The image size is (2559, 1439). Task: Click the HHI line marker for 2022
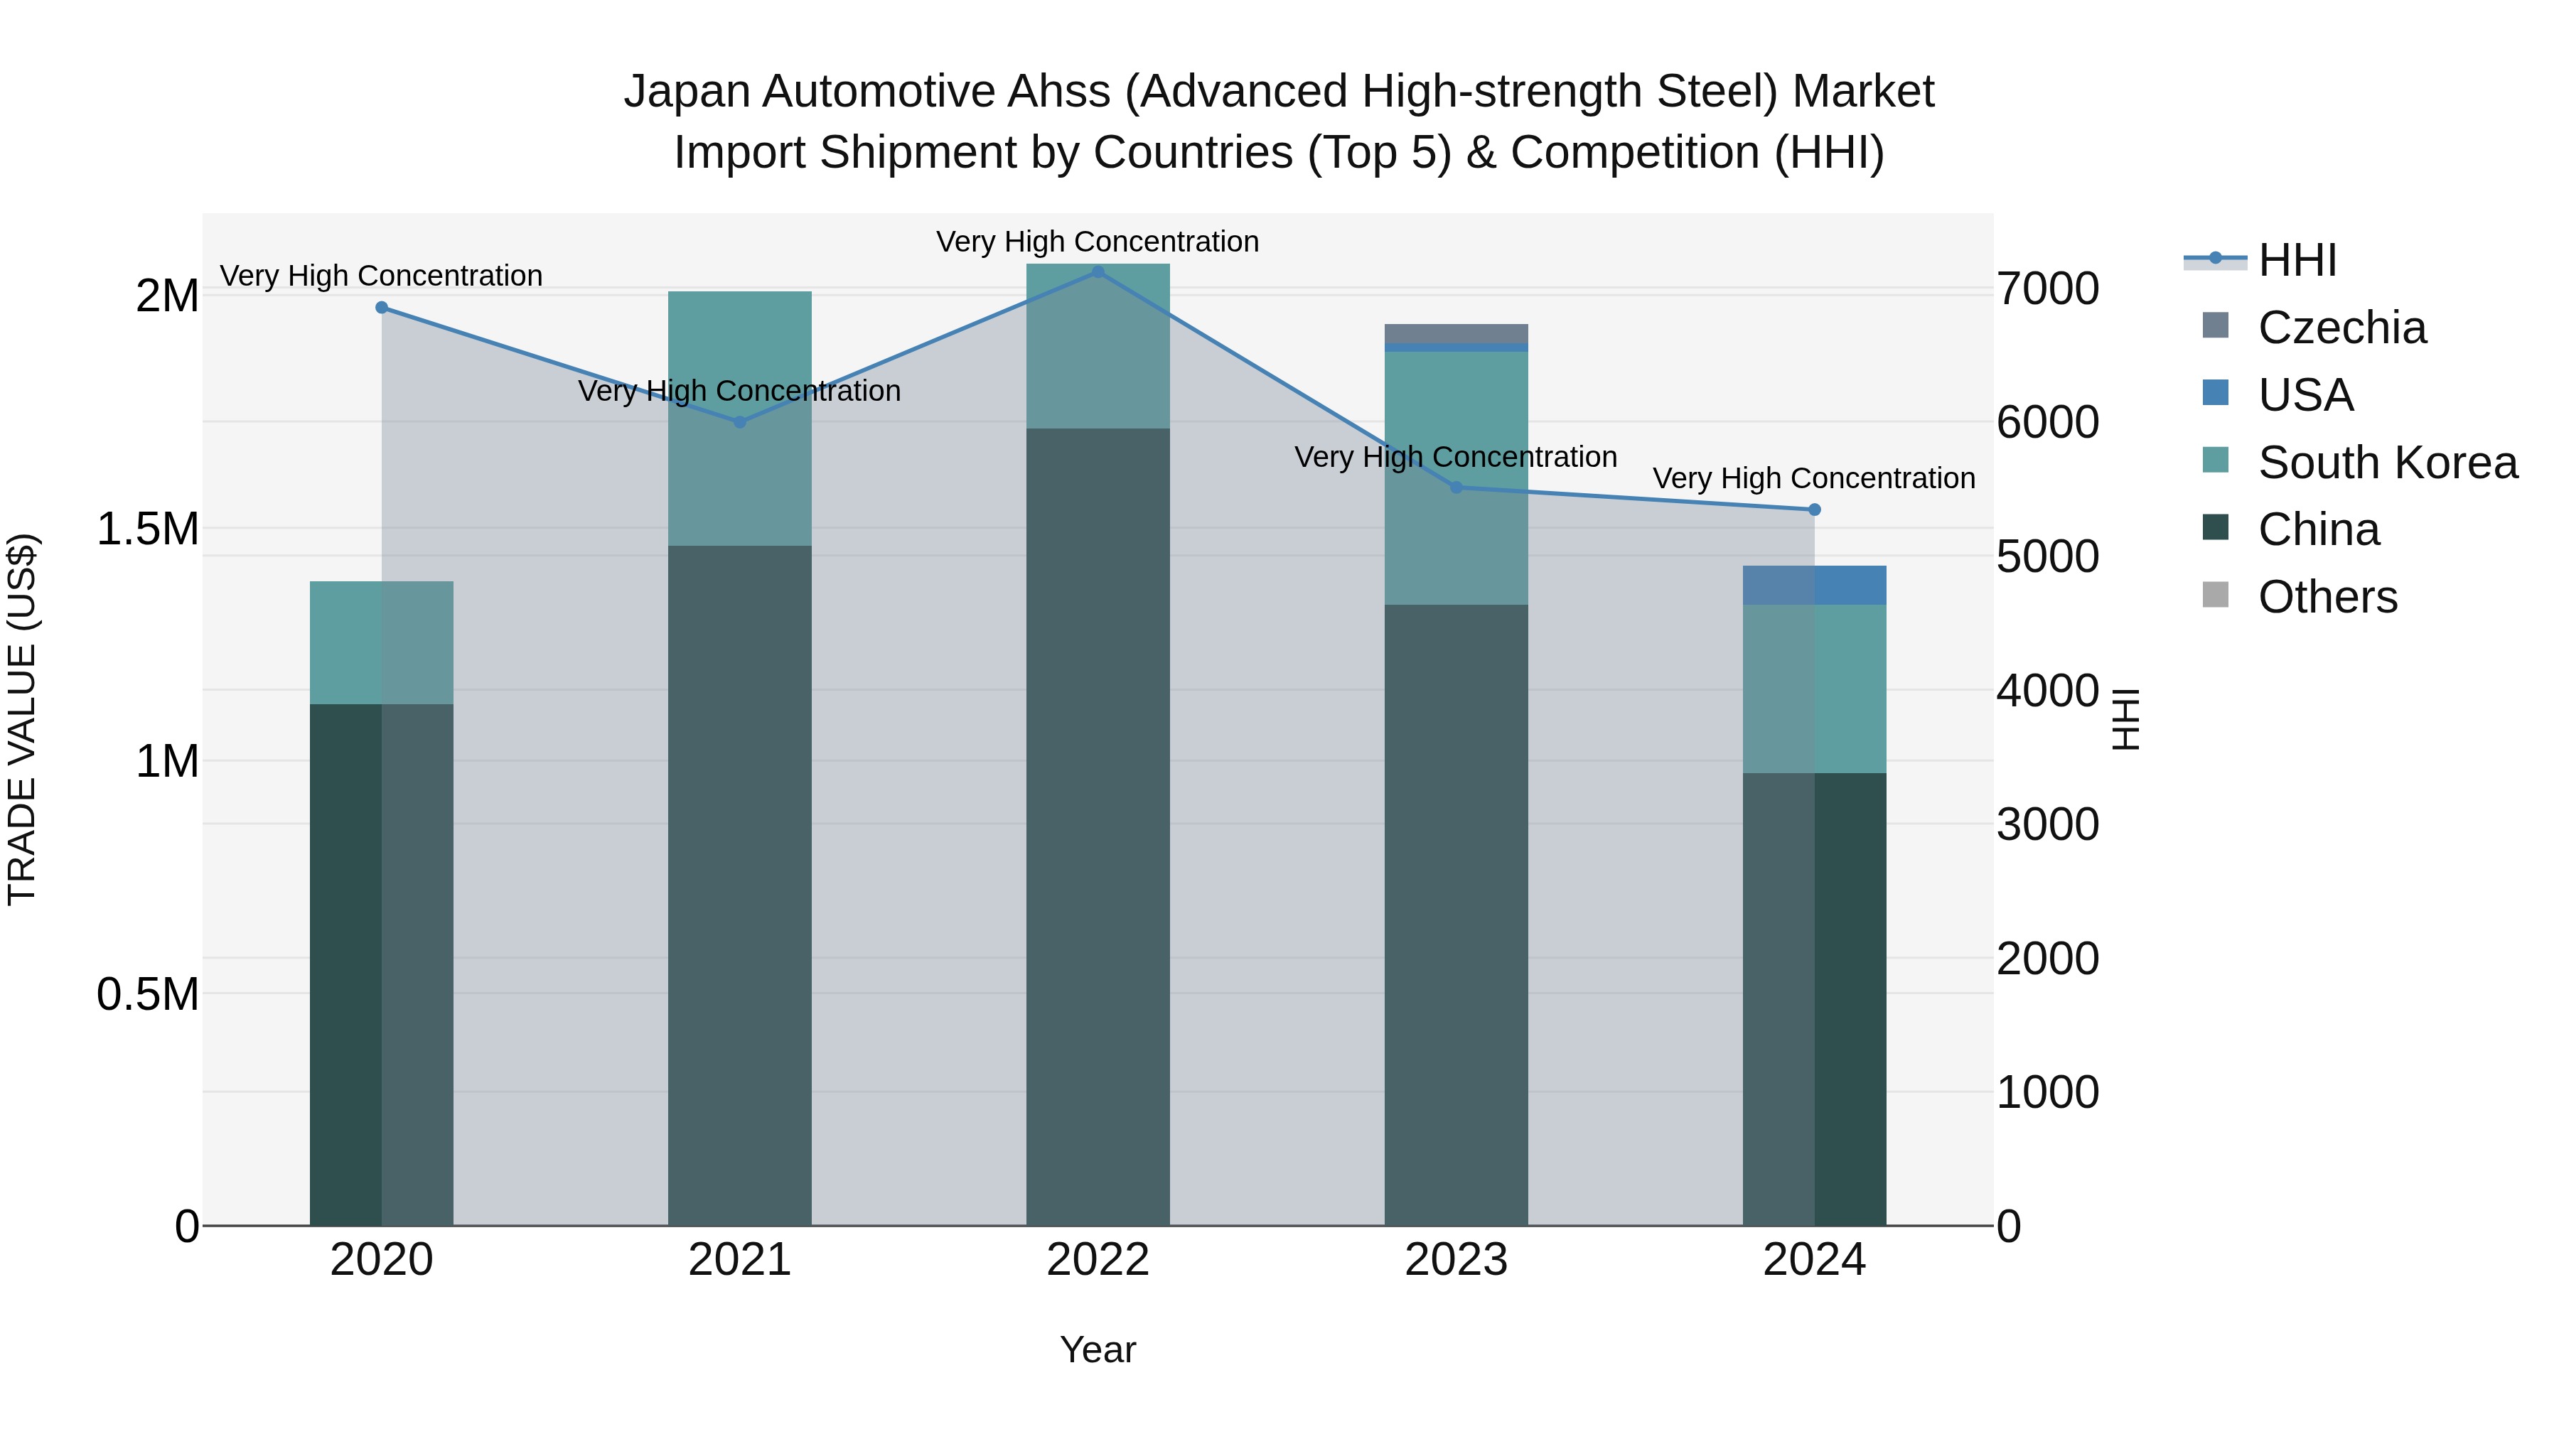click(1098, 272)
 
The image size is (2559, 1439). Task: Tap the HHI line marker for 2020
click(382, 308)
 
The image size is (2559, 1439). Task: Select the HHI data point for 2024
click(1814, 510)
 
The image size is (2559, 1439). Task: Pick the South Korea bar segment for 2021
click(739, 418)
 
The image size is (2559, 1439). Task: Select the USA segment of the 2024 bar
click(1814, 585)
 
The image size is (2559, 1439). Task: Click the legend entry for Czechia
click(2341, 328)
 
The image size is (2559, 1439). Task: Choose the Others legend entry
click(2327, 597)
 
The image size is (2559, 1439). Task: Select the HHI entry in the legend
click(2297, 260)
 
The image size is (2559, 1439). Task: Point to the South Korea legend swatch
click(2215, 460)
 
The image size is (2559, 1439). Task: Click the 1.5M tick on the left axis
click(148, 529)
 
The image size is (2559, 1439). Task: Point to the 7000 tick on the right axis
click(2047, 289)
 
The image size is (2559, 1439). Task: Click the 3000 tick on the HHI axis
click(2047, 824)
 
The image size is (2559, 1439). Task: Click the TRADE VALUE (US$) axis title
click(22, 719)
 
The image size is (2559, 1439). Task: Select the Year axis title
click(1098, 1349)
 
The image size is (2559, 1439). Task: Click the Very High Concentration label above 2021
click(739, 392)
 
